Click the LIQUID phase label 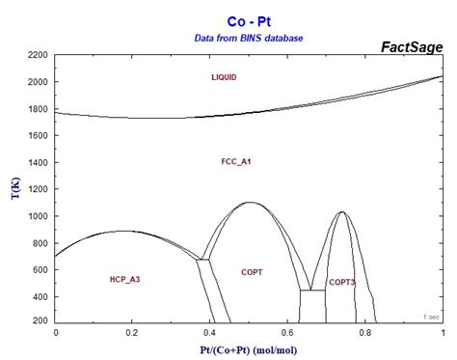(224, 76)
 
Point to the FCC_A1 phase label (236, 161)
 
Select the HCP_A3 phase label (125, 279)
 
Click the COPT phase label (252, 272)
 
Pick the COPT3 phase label (341, 282)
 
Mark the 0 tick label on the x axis (56, 332)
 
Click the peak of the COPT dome (250, 203)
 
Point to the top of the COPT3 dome (341, 212)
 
